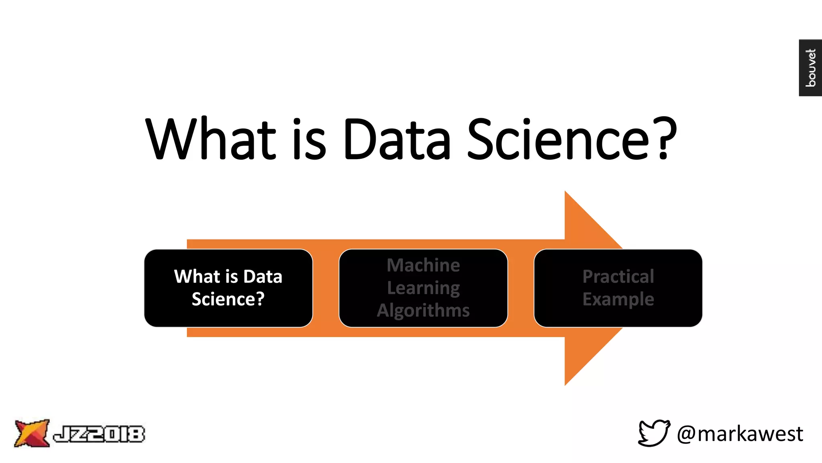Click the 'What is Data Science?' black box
[228, 288]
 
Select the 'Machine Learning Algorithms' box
[423, 288]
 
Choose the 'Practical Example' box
[618, 288]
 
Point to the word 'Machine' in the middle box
[423, 265]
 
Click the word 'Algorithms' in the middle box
[423, 311]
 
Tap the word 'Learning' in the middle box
[423, 288]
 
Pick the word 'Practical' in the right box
[618, 277]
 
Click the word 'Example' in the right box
[618, 299]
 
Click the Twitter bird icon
[654, 433]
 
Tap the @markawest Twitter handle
[740, 434]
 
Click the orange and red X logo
[31, 433]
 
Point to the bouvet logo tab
[810, 68]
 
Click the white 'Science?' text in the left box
[228, 299]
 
